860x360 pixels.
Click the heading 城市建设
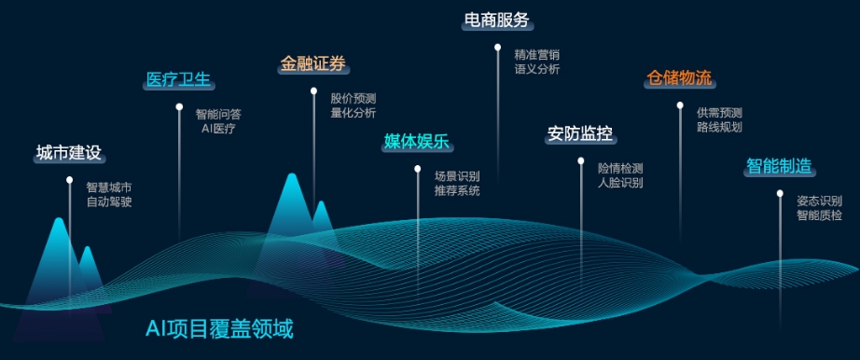(68, 153)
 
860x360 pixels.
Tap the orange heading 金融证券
(313, 64)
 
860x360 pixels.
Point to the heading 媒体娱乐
(417, 142)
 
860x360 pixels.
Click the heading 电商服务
(497, 21)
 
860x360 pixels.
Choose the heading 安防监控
(579, 134)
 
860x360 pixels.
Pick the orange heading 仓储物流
(679, 77)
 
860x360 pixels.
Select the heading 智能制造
(778, 167)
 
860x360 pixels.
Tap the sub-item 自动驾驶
(109, 201)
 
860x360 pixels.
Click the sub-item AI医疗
(218, 129)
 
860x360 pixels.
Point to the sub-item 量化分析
(354, 113)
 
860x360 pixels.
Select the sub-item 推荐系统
(457, 190)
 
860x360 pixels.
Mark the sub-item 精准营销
(537, 54)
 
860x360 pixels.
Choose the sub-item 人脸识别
(620, 183)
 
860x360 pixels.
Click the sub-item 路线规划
(719, 127)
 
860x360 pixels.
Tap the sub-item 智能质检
(819, 215)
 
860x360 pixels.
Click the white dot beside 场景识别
(417, 170)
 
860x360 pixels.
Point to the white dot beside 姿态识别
(780, 194)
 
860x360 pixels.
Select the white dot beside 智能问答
(179, 107)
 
